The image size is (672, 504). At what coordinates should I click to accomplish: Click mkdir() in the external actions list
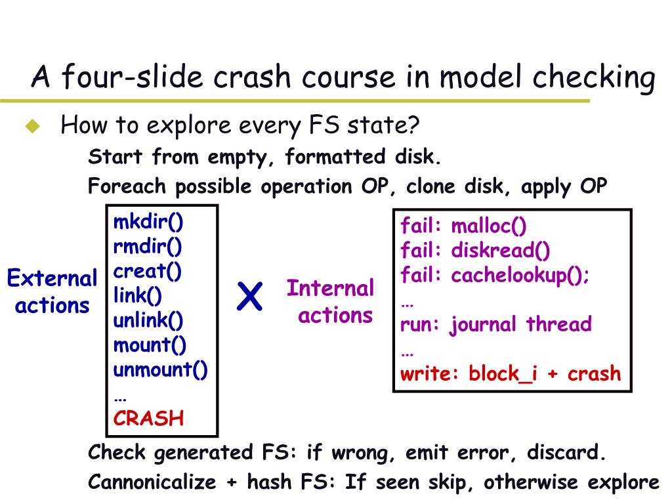tap(148, 222)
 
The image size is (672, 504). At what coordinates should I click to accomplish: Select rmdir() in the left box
tap(148, 247)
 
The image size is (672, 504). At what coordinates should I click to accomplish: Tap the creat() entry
tap(148, 271)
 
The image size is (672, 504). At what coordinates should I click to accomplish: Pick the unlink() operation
tap(148, 320)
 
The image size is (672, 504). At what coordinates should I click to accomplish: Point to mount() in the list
tap(150, 345)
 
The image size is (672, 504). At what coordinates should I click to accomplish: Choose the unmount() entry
tap(161, 369)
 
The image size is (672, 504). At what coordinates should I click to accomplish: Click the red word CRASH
tap(149, 419)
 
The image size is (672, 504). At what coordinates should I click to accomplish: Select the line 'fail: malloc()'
tap(464, 226)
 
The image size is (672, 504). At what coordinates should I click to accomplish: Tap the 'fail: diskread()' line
tap(476, 251)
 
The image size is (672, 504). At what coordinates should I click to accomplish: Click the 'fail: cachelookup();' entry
tap(495, 276)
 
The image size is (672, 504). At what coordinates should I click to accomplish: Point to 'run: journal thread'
tap(496, 324)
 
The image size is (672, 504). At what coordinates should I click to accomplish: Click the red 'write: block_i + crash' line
tap(511, 373)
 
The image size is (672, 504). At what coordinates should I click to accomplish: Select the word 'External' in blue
tap(52, 279)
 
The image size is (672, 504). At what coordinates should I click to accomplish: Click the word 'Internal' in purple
tap(330, 288)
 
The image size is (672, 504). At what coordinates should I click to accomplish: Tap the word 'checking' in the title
tap(593, 78)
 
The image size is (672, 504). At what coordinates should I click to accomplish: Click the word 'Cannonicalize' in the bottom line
tap(152, 482)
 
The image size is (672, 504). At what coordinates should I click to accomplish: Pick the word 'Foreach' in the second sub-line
tap(127, 186)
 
